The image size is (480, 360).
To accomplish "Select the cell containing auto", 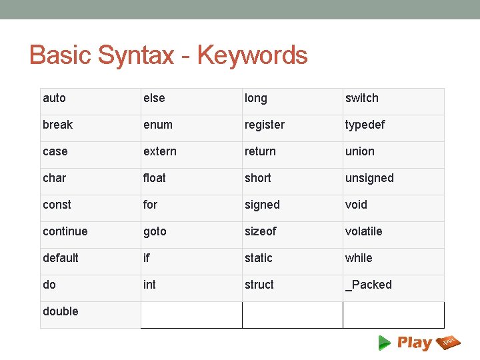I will pyautogui.click(x=54, y=99).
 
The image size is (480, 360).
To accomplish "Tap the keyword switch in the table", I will pyautogui.click(x=361, y=99).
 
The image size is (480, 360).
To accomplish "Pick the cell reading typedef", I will pyautogui.click(x=365, y=125).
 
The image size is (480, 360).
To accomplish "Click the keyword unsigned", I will pyautogui.click(x=369, y=178).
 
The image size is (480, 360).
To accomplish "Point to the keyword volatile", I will pyautogui.click(x=363, y=231).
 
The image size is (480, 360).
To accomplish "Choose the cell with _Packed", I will pyautogui.click(x=368, y=285).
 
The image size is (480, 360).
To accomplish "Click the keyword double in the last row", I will pyautogui.click(x=60, y=311).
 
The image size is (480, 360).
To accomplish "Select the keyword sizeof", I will pyautogui.click(x=259, y=231).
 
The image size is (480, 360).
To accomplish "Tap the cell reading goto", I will pyautogui.click(x=155, y=232).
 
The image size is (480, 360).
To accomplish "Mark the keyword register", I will pyautogui.click(x=264, y=125).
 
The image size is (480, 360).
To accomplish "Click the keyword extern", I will pyautogui.click(x=160, y=151).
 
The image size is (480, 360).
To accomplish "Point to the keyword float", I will pyautogui.click(x=155, y=178).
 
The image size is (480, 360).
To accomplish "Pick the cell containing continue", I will pyautogui.click(x=65, y=231).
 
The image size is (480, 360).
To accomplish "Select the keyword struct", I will pyautogui.click(x=259, y=285).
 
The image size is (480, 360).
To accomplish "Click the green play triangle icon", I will pyautogui.click(x=385, y=343).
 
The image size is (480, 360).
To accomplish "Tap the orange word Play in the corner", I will pyautogui.click(x=414, y=343).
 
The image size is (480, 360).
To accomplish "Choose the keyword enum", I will pyautogui.click(x=157, y=125).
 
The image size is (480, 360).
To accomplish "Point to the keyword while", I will pyautogui.click(x=359, y=258).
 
